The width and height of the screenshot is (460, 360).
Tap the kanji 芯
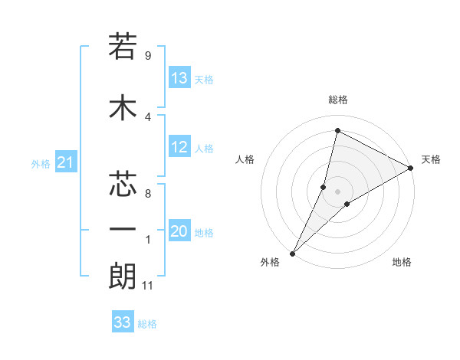[122, 184]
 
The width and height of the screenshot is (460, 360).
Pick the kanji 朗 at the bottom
[122, 275]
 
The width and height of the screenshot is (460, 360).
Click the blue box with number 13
[179, 78]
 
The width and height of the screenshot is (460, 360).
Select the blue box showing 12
[179, 148]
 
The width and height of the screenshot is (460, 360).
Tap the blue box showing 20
[179, 232]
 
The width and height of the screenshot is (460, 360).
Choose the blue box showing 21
[65, 162]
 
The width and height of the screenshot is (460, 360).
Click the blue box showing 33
[123, 322]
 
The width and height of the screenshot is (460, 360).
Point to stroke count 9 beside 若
[147, 55]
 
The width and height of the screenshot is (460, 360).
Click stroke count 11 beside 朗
[149, 286]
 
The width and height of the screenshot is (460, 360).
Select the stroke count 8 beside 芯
[147, 194]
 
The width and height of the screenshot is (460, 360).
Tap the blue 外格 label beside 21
[41, 163]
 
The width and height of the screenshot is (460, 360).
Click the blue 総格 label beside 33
[147, 324]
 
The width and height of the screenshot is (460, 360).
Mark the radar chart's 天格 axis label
[431, 159]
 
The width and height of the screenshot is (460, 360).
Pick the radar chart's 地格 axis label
[402, 262]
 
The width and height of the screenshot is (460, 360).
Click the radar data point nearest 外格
[293, 253]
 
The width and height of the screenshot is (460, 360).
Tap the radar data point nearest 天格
[411, 168]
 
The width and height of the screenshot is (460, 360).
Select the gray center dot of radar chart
[337, 191]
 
